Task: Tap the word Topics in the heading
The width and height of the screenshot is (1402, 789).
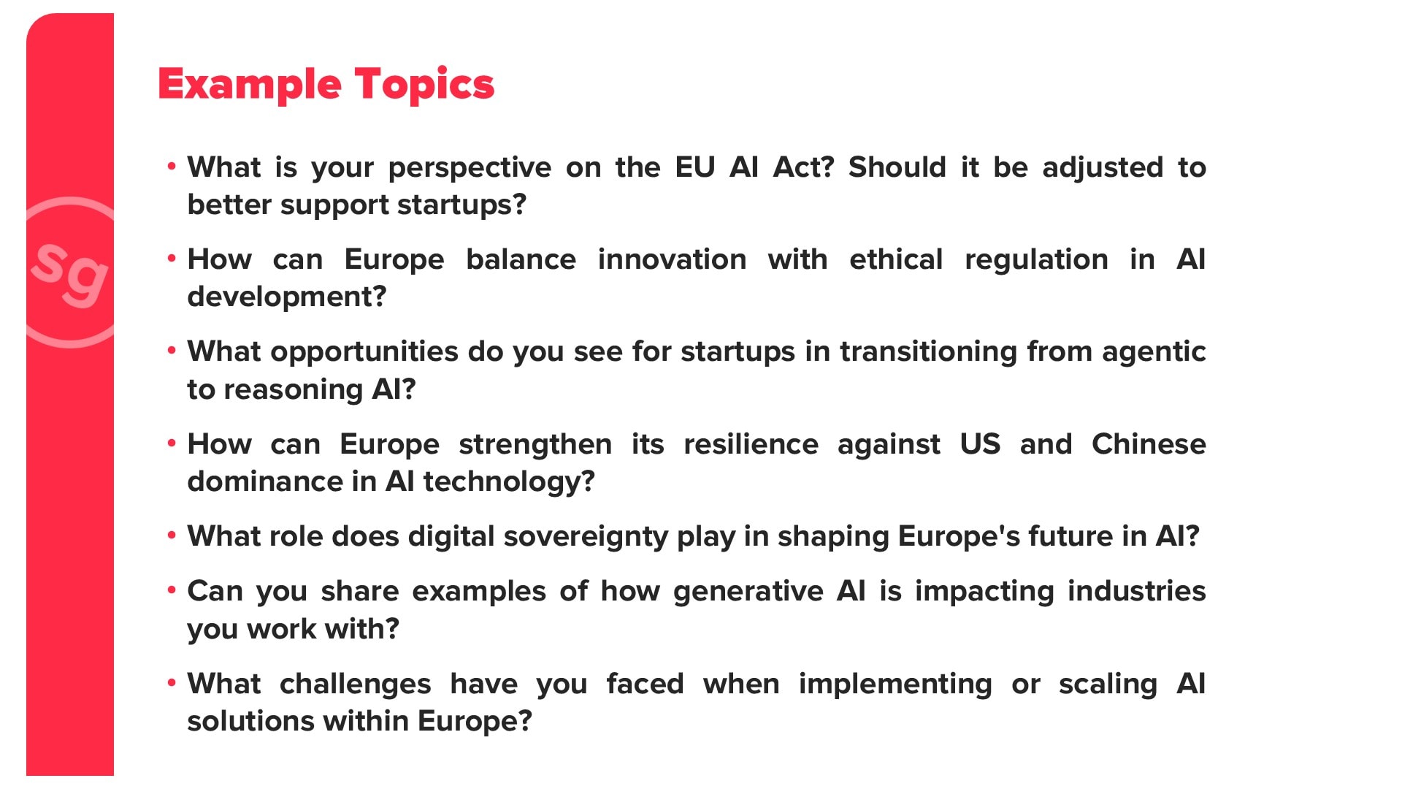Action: coord(424,85)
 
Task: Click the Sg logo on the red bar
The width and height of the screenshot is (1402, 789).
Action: coord(70,272)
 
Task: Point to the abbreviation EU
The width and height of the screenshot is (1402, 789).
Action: coord(694,167)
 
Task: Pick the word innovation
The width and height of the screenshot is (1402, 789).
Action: coord(672,259)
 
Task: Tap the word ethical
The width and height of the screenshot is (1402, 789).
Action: coord(896,259)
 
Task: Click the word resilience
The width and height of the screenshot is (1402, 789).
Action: coord(751,444)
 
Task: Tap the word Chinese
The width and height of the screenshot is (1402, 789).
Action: coord(1149,444)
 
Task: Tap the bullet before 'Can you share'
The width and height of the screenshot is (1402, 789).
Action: coord(172,589)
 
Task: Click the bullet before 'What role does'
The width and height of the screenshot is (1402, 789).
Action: coord(172,535)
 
